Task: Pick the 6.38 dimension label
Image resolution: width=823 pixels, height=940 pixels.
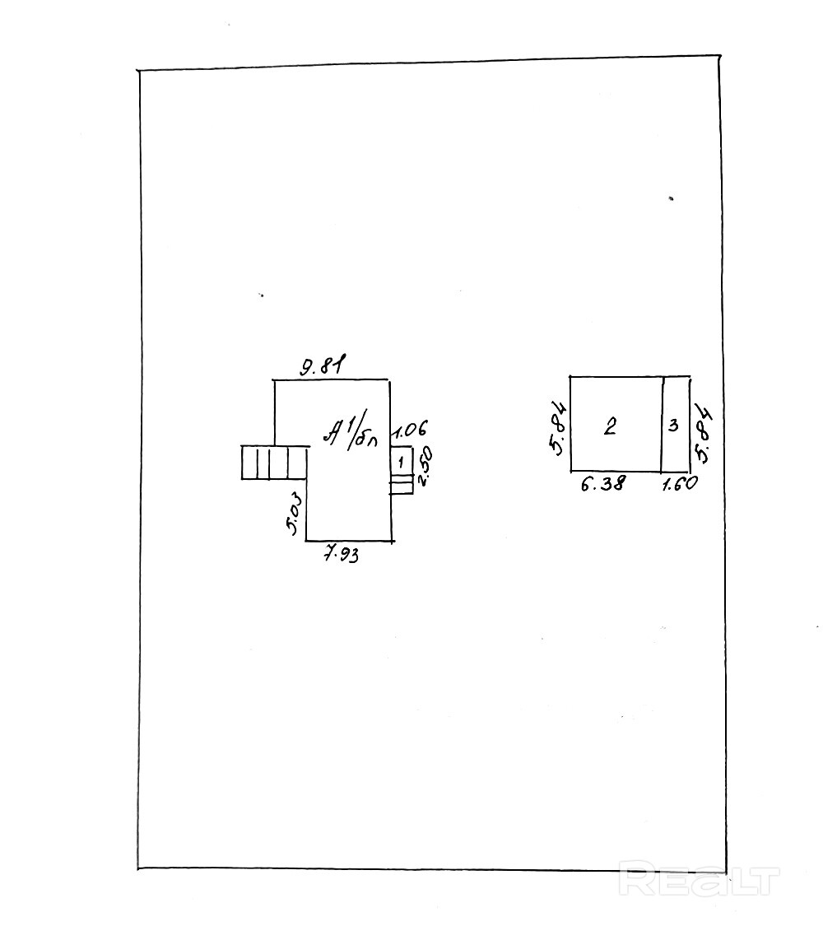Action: (602, 484)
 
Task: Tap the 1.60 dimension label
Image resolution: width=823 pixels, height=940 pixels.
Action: (680, 484)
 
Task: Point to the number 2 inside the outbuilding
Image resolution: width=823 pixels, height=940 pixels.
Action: (610, 426)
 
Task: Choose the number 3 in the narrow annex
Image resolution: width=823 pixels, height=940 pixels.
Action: (673, 426)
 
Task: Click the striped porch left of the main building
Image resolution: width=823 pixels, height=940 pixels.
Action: (274, 462)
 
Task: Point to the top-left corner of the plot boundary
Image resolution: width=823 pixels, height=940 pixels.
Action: (139, 72)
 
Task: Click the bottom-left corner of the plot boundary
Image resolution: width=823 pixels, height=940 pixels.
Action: (138, 868)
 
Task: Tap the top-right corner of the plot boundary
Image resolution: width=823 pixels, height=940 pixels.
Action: (720, 56)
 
